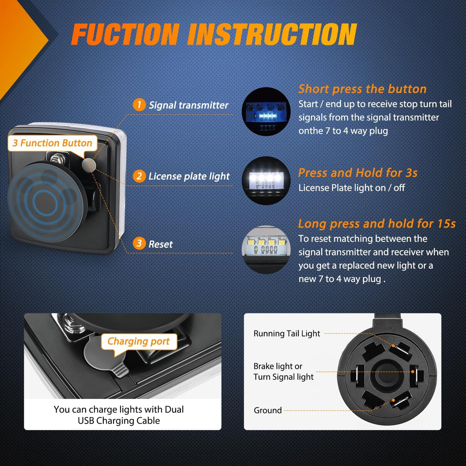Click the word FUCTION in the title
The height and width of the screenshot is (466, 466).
(x=126, y=34)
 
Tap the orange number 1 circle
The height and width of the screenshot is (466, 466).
(x=139, y=105)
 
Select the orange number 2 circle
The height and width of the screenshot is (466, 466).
(x=139, y=176)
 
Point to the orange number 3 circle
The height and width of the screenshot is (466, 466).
(x=139, y=243)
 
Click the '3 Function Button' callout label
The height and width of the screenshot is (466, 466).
(x=52, y=143)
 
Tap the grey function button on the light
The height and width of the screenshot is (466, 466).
(x=89, y=165)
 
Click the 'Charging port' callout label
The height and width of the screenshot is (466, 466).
(x=139, y=341)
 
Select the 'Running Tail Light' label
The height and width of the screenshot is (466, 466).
(x=287, y=334)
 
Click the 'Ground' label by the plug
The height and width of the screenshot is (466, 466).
(x=268, y=410)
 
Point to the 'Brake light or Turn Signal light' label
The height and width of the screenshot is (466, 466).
(x=283, y=372)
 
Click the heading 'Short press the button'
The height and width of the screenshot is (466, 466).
(x=362, y=89)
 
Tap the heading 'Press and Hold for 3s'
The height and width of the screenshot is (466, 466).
(x=358, y=173)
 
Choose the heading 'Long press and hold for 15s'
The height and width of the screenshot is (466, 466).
(x=377, y=224)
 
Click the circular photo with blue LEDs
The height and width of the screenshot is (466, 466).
(x=266, y=111)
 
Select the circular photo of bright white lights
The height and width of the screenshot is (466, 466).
(x=266, y=180)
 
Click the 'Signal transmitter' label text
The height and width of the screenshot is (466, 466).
(x=188, y=105)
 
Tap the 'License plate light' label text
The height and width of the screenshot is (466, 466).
(x=189, y=176)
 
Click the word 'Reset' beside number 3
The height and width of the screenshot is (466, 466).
(x=160, y=244)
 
